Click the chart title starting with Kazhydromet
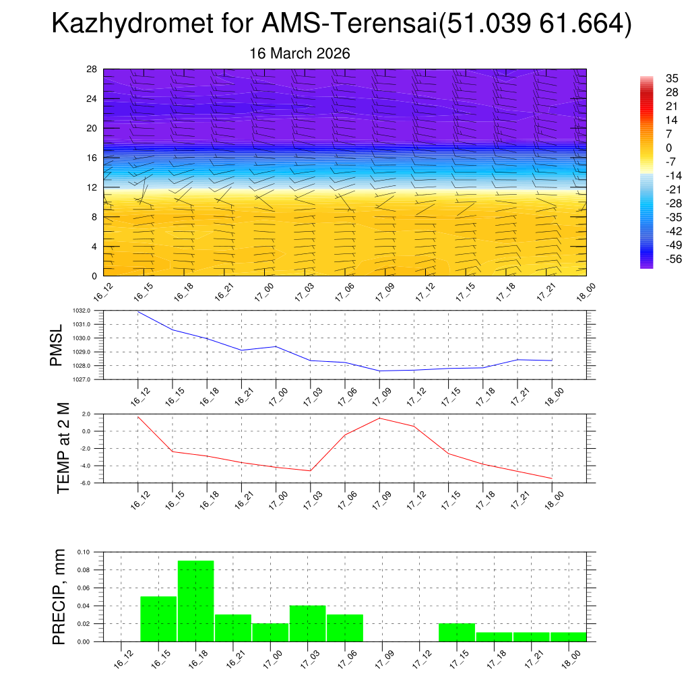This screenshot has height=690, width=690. (342, 25)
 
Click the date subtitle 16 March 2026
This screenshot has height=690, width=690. (300, 53)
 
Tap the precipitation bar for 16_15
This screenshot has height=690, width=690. (158, 619)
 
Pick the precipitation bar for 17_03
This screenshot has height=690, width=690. (308, 623)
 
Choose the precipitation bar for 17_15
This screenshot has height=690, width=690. (456, 632)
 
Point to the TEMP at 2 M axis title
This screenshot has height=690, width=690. (63, 448)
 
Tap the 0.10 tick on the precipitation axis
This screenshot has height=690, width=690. (83, 552)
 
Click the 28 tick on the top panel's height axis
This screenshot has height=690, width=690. (92, 69)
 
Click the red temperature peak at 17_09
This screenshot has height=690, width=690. (379, 418)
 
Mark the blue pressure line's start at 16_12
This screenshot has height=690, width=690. (138, 311)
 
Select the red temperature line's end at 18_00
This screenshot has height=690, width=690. (552, 478)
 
